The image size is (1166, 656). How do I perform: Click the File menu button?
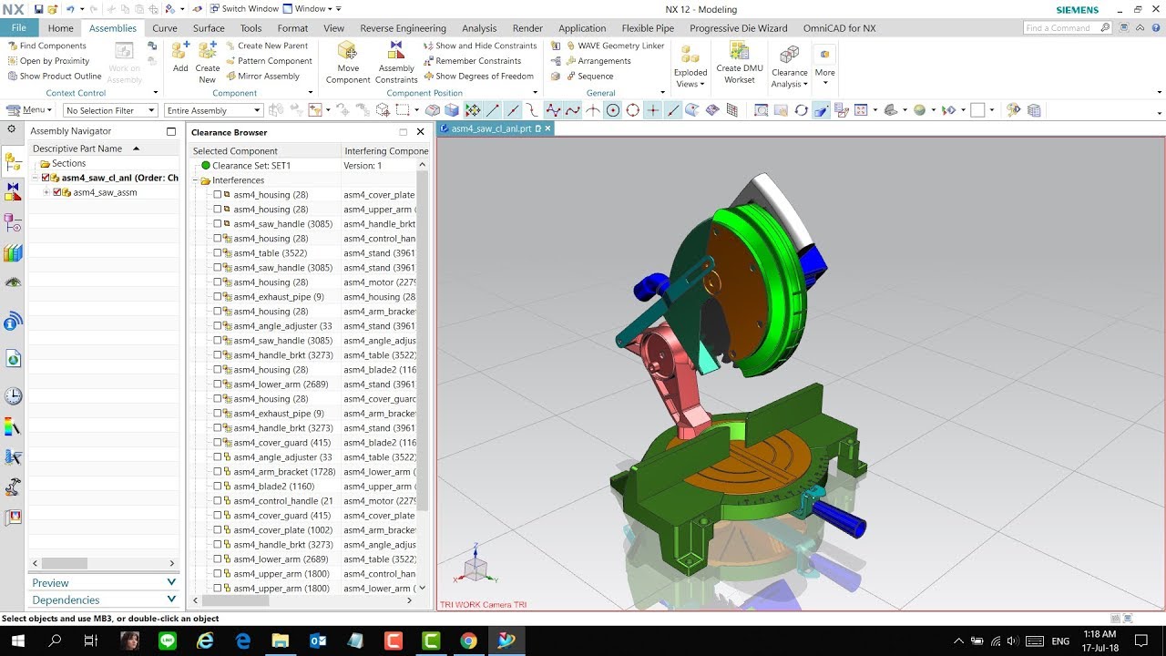point(18,28)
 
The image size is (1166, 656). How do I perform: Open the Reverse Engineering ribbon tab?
point(403,28)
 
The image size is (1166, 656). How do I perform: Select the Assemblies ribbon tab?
point(113,28)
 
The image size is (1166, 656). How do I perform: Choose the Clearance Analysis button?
point(789,66)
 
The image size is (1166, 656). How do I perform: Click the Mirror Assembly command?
point(268,77)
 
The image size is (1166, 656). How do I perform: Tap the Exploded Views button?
point(690,66)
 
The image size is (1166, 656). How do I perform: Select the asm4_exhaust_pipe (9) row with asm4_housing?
point(278,297)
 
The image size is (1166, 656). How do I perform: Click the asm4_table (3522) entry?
point(270,253)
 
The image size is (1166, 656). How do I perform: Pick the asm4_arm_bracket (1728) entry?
point(284,472)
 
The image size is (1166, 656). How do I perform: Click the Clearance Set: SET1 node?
point(251,166)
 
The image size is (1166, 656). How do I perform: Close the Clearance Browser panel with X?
point(420,132)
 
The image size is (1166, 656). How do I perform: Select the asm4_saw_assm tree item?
point(105,192)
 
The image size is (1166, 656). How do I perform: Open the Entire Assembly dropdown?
point(213,110)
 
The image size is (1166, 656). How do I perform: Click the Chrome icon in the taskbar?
point(467,641)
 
